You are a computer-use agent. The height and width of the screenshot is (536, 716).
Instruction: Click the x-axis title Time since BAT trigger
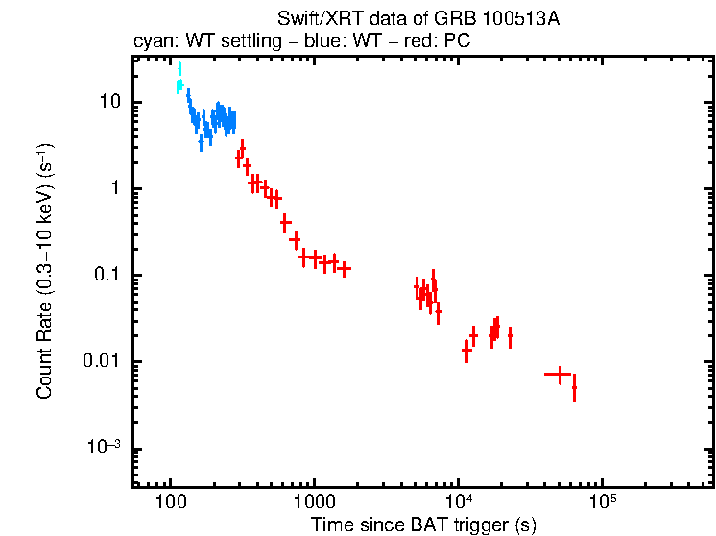[423, 524]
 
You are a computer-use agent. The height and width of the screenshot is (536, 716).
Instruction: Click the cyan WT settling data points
[179, 81]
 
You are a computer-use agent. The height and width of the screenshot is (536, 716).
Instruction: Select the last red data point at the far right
[574, 388]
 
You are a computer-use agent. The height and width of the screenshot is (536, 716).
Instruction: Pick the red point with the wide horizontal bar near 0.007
[559, 373]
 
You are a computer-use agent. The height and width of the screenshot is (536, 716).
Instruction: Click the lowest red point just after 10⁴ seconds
[466, 352]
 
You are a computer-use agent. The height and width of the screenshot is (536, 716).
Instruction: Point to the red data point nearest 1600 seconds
[344, 268]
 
